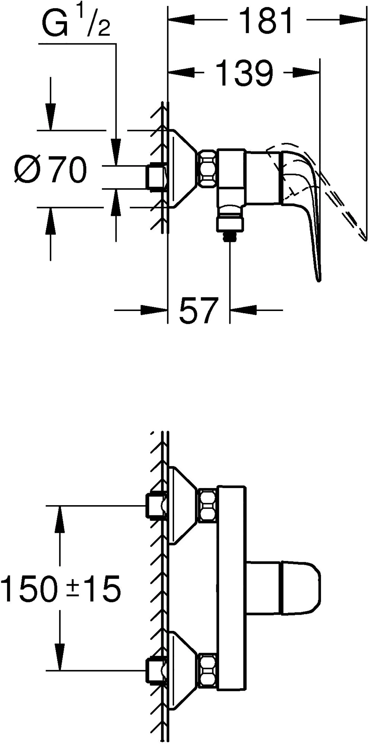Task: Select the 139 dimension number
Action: click(244, 73)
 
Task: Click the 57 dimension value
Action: click(198, 310)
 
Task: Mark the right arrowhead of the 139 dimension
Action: click(306, 72)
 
